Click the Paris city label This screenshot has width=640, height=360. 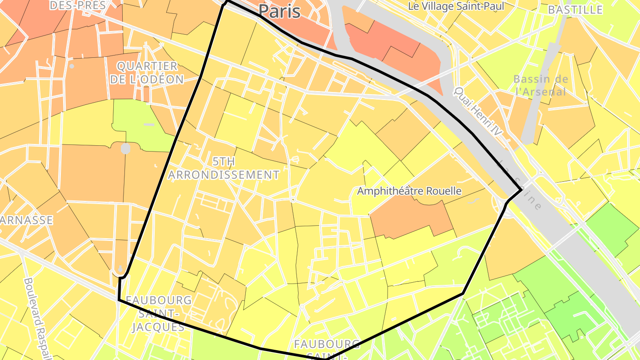279,11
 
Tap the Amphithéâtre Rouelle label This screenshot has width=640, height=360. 409,191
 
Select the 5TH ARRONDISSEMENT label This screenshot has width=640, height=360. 224,168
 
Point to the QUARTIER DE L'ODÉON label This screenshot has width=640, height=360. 147,73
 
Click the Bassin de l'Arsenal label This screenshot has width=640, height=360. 540,85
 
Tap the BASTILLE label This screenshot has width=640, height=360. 575,10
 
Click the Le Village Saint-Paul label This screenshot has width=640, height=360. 456,6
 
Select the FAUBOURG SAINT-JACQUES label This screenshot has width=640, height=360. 159,313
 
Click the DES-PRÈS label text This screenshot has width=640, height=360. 78,5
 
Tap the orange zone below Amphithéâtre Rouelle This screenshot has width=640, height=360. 411,220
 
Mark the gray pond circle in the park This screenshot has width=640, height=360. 126,148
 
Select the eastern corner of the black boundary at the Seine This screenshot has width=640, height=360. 521,190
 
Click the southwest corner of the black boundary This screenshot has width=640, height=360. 119,300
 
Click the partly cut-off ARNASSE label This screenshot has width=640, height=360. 27,220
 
